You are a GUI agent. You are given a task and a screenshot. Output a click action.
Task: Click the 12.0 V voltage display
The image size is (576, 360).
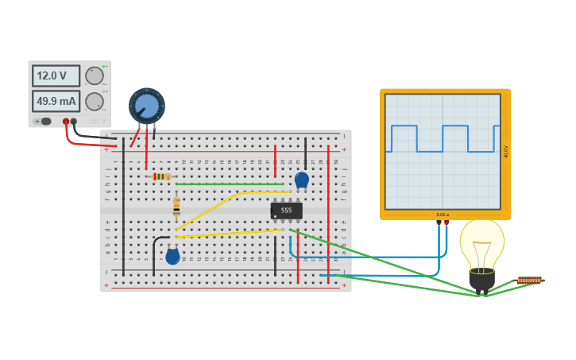(56, 75)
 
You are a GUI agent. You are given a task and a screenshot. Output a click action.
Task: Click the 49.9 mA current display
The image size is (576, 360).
(56, 101)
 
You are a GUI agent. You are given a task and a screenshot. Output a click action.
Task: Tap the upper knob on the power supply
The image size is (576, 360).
(95, 75)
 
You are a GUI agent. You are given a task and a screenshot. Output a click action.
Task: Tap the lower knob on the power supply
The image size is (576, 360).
(95, 101)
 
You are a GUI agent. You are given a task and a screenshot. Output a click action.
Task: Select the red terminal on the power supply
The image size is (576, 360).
(66, 122)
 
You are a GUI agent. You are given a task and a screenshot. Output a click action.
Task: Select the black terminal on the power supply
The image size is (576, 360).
(74, 122)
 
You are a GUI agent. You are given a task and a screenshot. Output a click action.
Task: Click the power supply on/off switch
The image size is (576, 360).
(45, 122)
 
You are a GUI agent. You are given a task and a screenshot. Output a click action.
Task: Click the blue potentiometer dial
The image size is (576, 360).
(147, 106)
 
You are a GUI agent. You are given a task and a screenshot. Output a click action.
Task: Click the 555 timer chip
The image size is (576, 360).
(286, 211)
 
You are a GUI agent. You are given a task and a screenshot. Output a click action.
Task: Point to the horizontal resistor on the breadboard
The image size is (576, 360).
(161, 176)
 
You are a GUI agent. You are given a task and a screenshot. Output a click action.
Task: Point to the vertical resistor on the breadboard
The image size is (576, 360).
(176, 207)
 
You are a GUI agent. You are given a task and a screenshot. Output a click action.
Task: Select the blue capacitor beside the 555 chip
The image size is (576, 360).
(301, 180)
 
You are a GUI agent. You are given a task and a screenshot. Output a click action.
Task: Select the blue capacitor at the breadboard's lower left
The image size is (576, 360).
(172, 256)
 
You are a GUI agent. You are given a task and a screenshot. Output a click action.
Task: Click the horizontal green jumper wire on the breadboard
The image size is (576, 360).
(230, 184)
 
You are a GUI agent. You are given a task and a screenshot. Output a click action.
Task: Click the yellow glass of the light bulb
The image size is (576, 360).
(481, 242)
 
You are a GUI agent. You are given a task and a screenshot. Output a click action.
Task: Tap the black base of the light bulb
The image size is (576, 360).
(481, 279)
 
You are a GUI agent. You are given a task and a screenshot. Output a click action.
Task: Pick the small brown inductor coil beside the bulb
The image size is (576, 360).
(529, 281)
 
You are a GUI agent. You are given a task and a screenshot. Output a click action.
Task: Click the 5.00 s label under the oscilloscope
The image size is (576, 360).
(443, 215)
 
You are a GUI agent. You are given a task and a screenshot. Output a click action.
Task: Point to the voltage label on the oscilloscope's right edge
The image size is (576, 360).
(506, 151)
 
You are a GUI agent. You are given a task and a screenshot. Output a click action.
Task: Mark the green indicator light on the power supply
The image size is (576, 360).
(104, 66)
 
